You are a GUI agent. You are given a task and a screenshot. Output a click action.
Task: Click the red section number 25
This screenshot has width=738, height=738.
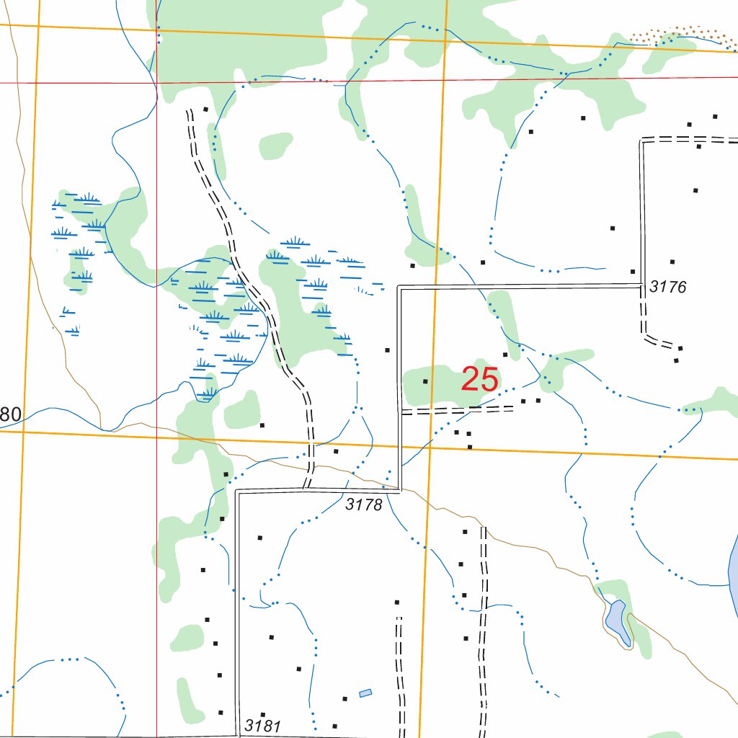pyautogui.click(x=479, y=379)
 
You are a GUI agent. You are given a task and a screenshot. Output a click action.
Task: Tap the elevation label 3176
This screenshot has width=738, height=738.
pyautogui.click(x=667, y=287)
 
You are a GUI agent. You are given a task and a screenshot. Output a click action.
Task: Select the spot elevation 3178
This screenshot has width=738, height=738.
pyautogui.click(x=363, y=504)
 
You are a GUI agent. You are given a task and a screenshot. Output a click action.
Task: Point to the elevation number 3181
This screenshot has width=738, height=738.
pyautogui.click(x=262, y=725)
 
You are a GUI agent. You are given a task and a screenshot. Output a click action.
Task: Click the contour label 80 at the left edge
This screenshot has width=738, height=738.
pyautogui.click(x=11, y=414)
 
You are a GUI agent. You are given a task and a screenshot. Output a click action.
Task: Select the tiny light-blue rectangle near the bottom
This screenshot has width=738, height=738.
pyautogui.click(x=365, y=693)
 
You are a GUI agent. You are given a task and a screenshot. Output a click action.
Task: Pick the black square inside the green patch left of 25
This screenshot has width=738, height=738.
pyautogui.click(x=425, y=381)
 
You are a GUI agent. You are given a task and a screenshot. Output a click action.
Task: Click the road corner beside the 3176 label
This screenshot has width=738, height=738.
pyautogui.click(x=641, y=285)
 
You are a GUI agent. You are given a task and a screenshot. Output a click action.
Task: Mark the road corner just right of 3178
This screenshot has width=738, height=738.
pyautogui.click(x=400, y=489)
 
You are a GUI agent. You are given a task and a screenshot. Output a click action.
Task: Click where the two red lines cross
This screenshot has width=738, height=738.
pyautogui.click(x=156, y=83)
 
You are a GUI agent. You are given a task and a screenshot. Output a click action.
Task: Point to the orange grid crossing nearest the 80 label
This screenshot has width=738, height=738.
pyautogui.click(x=22, y=432)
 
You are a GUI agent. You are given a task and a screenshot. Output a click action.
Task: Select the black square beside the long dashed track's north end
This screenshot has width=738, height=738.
pyautogui.click(x=205, y=110)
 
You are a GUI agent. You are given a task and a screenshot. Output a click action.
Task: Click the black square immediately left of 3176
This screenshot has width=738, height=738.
pyautogui.click(x=632, y=272)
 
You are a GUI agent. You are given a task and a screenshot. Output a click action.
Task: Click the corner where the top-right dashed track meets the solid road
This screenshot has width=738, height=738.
pyautogui.click(x=642, y=140)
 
